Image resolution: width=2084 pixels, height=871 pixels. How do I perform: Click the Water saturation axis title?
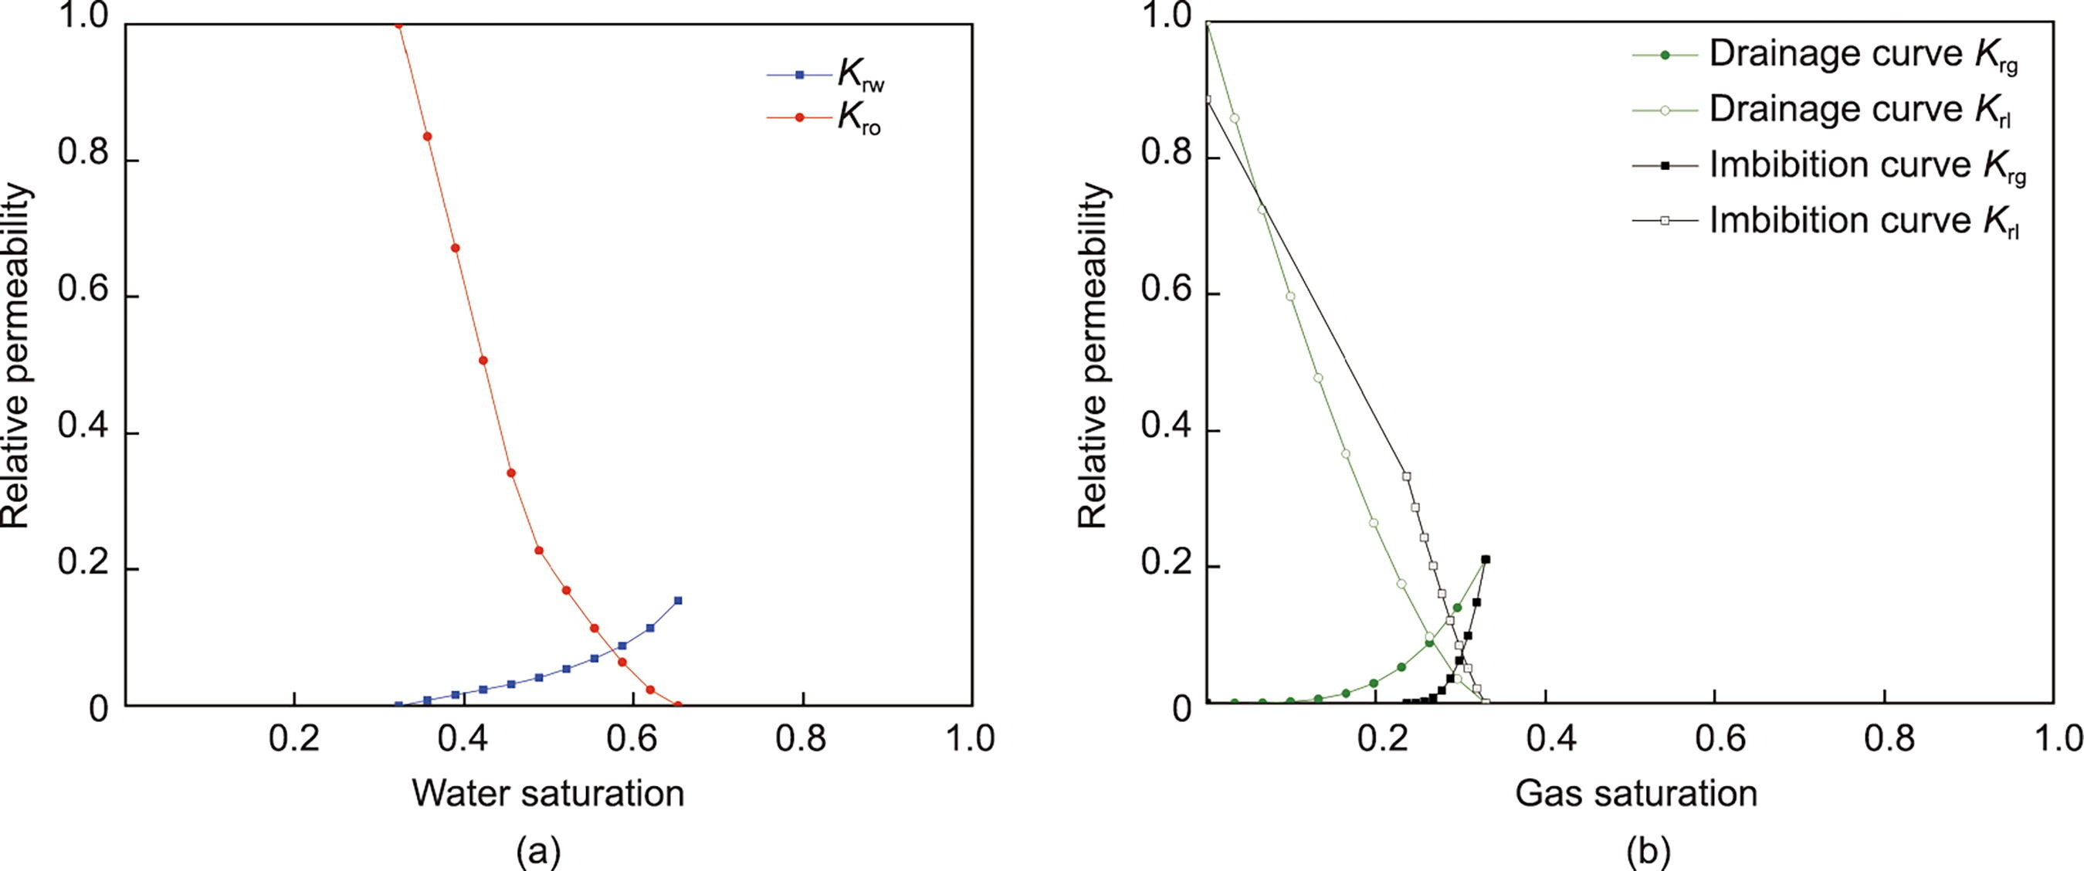(547, 792)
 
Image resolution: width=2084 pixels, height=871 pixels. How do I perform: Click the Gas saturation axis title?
(1636, 792)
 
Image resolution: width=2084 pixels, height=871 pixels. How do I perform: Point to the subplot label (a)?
(538, 852)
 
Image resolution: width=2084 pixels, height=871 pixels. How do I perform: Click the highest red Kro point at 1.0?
(398, 25)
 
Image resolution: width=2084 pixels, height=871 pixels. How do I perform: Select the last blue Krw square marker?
(678, 600)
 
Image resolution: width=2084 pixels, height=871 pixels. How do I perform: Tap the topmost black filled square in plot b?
(1486, 559)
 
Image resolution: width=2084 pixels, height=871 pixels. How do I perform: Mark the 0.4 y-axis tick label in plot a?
(83, 433)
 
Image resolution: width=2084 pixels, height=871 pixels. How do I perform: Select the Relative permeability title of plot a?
(16, 356)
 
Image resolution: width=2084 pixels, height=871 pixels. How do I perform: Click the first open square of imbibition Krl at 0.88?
(1207, 100)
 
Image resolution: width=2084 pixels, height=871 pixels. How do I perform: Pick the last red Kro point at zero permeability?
(678, 704)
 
